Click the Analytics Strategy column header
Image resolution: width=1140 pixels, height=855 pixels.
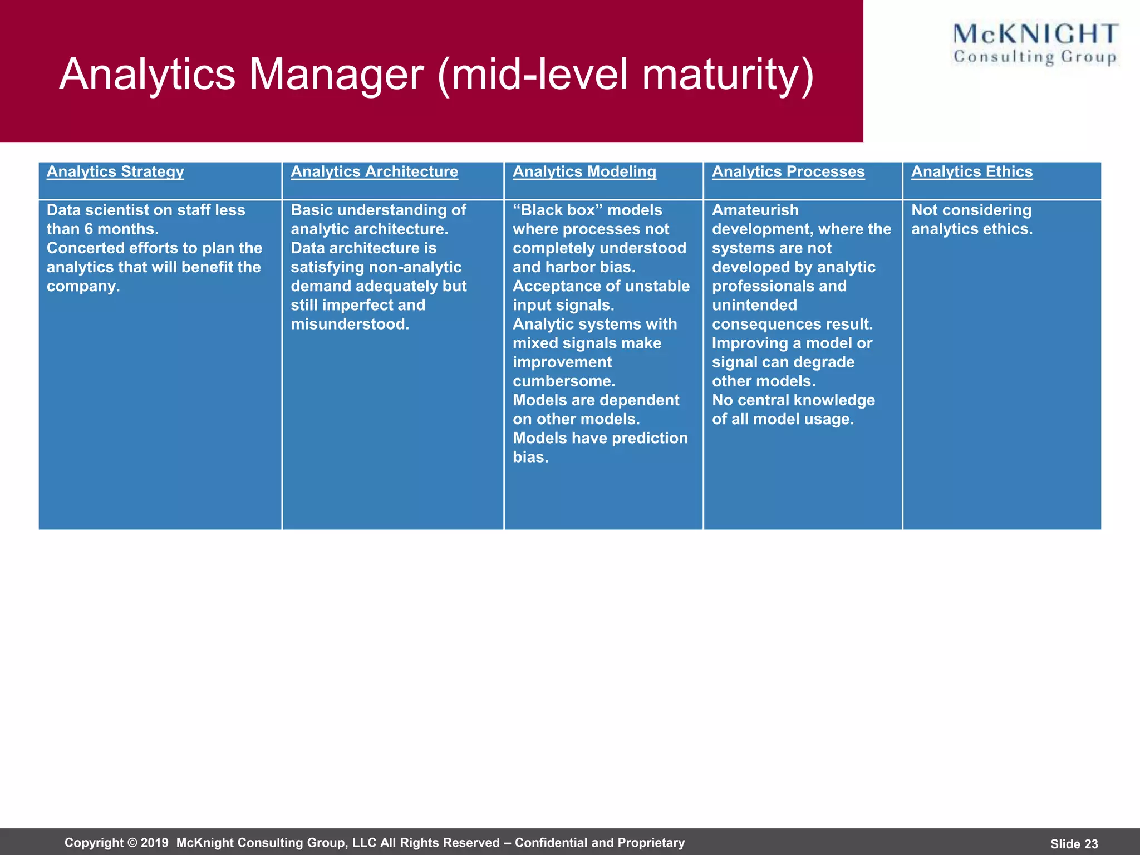pyautogui.click(x=115, y=171)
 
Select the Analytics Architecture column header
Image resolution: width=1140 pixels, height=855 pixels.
pyautogui.click(x=374, y=171)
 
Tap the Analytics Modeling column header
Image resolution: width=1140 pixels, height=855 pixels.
pyautogui.click(x=584, y=171)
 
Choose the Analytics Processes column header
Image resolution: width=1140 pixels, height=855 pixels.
pyautogui.click(x=788, y=171)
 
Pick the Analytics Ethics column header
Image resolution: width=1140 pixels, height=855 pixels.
pyautogui.click(x=971, y=171)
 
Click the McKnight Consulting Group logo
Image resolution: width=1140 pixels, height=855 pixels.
pyautogui.click(x=1035, y=44)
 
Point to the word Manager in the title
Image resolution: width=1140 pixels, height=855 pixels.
pyautogui.click(x=336, y=75)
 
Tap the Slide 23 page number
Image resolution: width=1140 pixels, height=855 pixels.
pyautogui.click(x=1074, y=844)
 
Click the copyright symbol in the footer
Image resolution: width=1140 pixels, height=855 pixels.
pyautogui.click(x=132, y=843)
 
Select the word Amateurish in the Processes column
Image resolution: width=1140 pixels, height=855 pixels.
pyautogui.click(x=755, y=210)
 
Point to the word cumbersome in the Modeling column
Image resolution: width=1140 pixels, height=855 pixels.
pyautogui.click(x=563, y=381)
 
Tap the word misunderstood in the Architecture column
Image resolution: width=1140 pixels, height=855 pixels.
pyautogui.click(x=350, y=324)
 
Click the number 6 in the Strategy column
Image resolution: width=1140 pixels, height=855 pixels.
pyautogui.click(x=89, y=229)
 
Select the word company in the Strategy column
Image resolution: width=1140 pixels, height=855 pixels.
pyautogui.click(x=82, y=287)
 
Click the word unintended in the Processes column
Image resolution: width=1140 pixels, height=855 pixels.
pyautogui.click(x=754, y=305)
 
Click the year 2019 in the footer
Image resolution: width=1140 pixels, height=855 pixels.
pyautogui.click(x=154, y=843)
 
